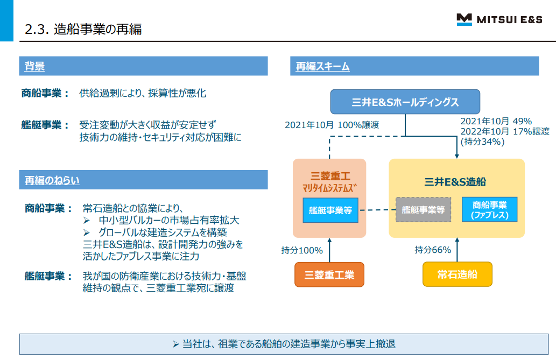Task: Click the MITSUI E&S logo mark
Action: [464, 20]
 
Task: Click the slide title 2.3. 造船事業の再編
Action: [83, 29]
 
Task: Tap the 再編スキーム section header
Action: [322, 66]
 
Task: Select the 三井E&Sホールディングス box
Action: [405, 102]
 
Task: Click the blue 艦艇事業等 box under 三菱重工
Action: [330, 210]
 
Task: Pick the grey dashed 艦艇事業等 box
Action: [423, 210]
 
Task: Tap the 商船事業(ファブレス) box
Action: [489, 210]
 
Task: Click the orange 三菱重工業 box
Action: [329, 274]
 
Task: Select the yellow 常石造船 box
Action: [457, 274]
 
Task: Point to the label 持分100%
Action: [302, 250]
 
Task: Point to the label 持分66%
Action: [433, 250]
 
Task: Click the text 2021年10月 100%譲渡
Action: [332, 125]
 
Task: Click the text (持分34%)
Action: [482, 142]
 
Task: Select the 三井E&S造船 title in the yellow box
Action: [459, 181]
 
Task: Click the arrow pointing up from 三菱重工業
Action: [329, 250]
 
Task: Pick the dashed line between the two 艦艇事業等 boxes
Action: [381, 210]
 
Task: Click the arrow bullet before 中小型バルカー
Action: [88, 221]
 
